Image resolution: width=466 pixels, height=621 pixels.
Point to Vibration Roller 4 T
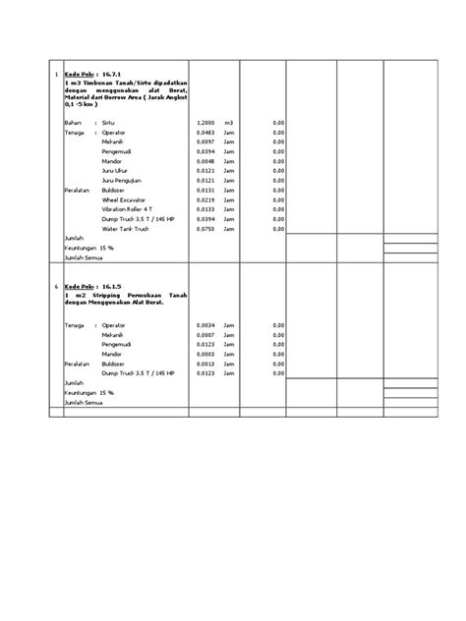(127, 209)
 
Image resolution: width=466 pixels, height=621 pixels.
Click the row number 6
(56, 287)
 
